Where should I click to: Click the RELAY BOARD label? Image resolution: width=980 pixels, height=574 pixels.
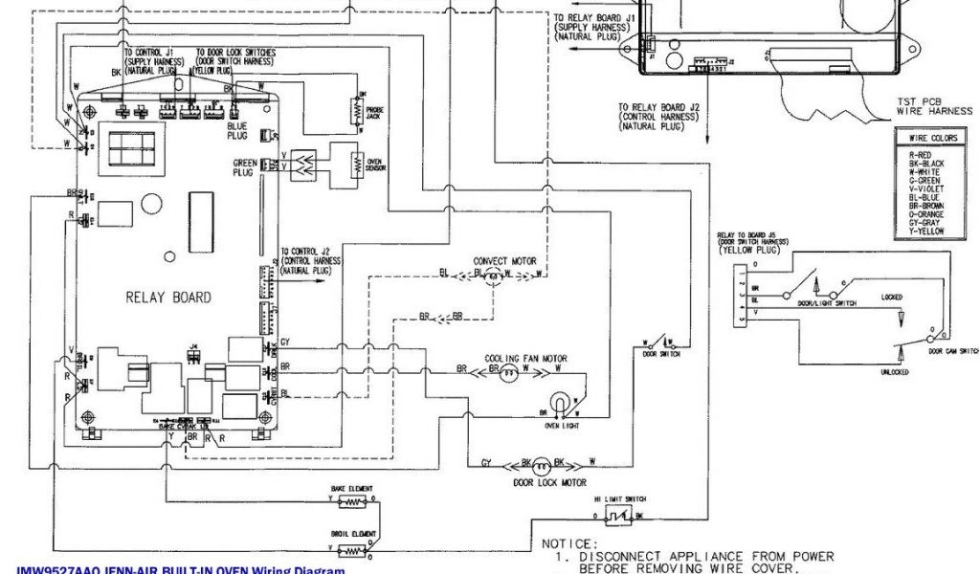tap(167, 298)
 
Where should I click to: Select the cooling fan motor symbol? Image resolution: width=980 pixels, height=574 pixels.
tap(510, 374)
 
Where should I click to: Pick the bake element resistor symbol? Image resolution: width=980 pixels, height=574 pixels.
tap(354, 500)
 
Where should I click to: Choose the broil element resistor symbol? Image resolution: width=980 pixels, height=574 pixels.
tap(354, 550)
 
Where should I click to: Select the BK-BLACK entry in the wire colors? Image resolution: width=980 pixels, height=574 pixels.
tap(926, 164)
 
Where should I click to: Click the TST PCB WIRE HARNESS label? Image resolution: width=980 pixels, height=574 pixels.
tap(933, 105)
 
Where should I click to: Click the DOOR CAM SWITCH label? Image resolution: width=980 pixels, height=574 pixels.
tap(953, 351)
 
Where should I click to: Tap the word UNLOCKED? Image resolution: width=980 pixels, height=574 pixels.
tap(894, 372)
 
